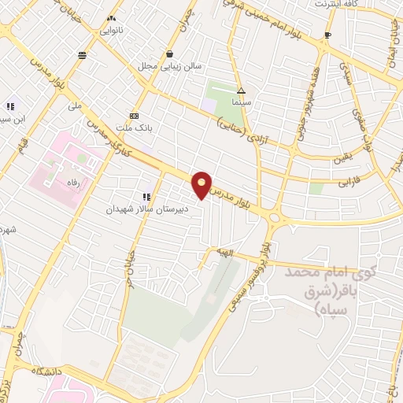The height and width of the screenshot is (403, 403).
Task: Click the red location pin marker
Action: [202, 185]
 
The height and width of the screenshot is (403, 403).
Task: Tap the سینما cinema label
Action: [241, 102]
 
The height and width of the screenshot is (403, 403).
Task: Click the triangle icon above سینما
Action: [241, 91]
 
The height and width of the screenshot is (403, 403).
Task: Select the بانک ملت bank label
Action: [135, 126]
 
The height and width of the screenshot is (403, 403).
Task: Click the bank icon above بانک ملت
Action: [135, 114]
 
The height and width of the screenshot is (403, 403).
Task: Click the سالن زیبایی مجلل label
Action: [170, 66]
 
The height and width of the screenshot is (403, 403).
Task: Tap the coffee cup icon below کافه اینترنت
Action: [328, 35]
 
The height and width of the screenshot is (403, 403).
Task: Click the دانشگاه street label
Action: [47, 368]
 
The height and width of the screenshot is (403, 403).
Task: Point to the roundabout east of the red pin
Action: [274, 216]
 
